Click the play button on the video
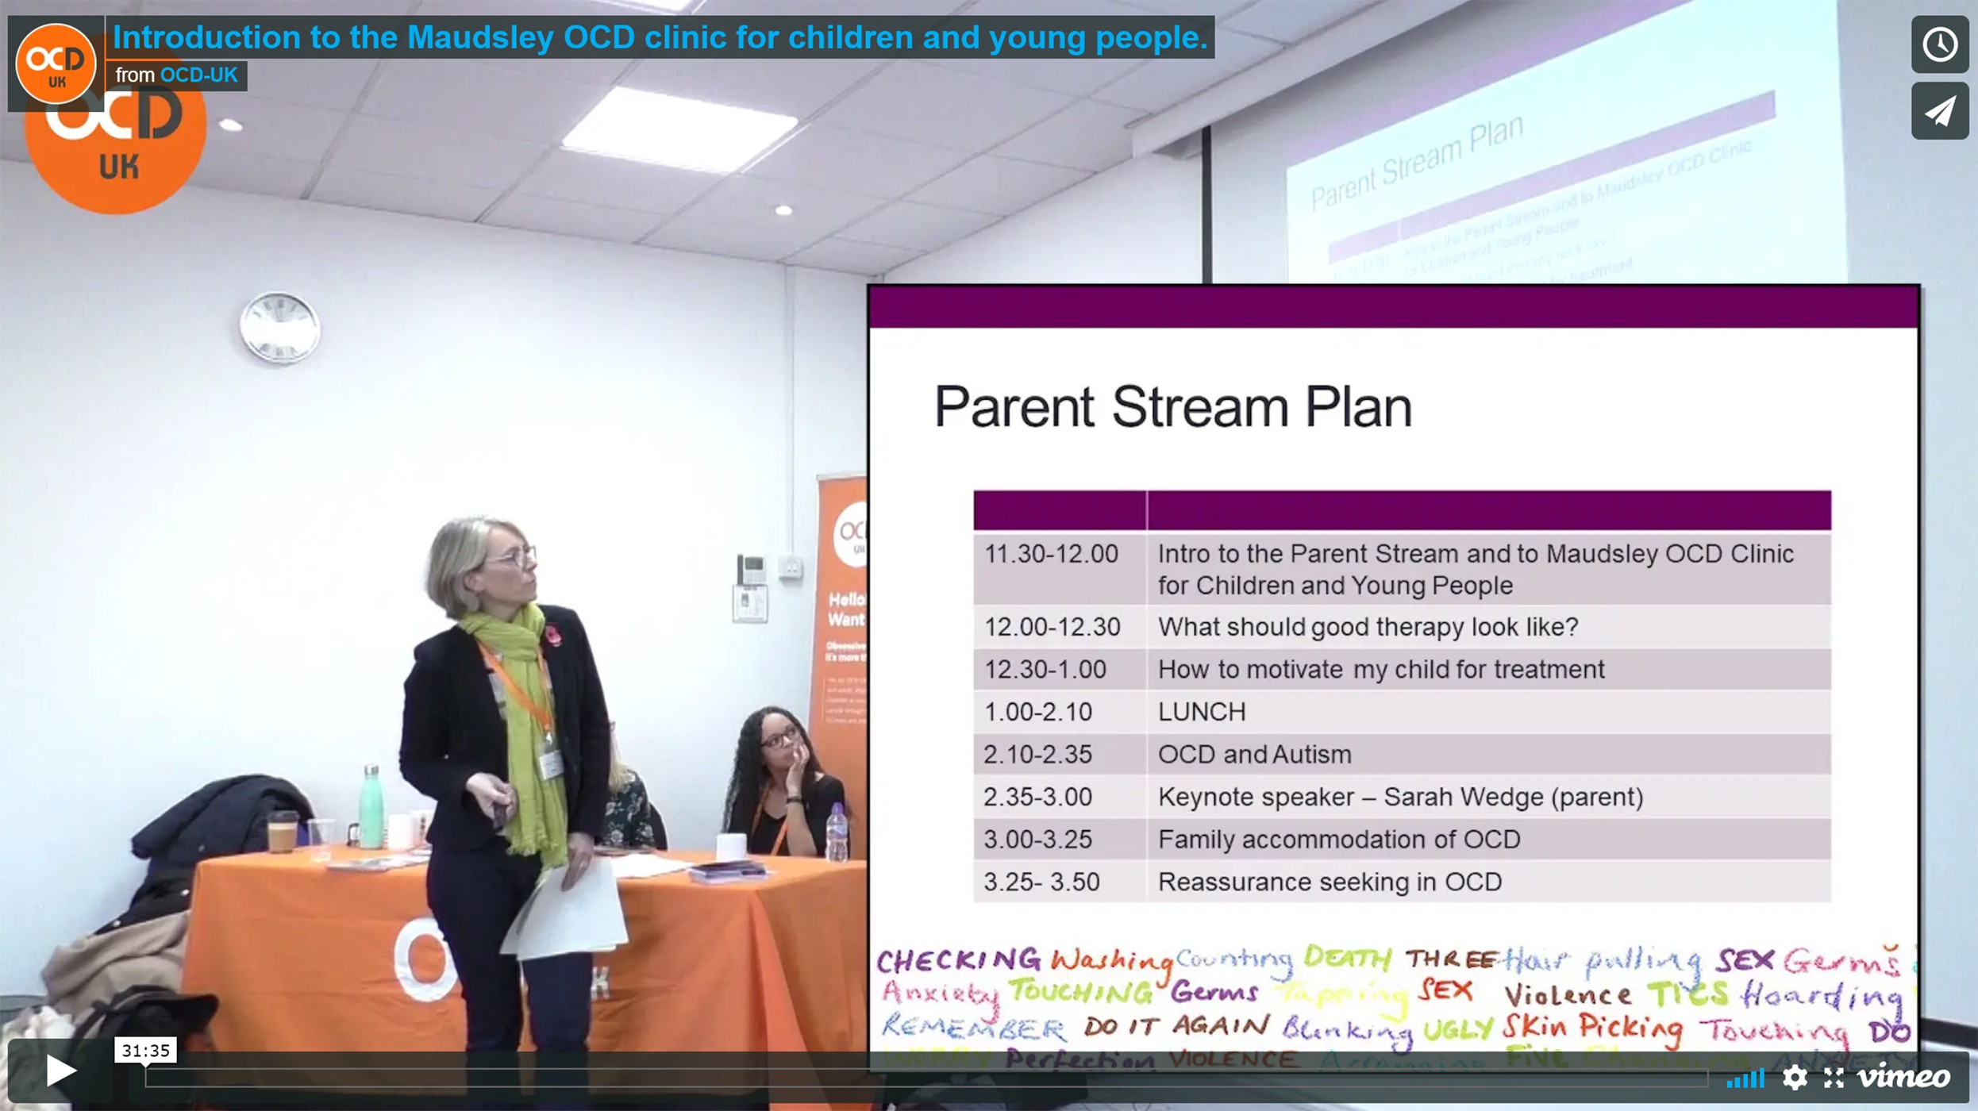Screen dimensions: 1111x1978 pyautogui.click(x=60, y=1071)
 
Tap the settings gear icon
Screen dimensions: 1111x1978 pyautogui.click(x=1794, y=1077)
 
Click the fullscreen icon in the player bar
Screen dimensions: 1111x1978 pyautogui.click(x=1834, y=1077)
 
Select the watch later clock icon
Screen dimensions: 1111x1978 pyautogui.click(x=1939, y=44)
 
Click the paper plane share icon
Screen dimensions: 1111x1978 pyautogui.click(x=1939, y=111)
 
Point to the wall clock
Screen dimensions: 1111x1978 pyautogui.click(x=279, y=327)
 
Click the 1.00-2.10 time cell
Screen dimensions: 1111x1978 pyautogui.click(x=1037, y=712)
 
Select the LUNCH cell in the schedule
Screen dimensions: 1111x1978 pyautogui.click(x=1202, y=712)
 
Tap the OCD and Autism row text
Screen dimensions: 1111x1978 pyautogui.click(x=1254, y=754)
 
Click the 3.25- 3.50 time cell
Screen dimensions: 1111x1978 pyautogui.click(x=1041, y=882)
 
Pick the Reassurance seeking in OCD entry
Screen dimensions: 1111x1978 pyautogui.click(x=1330, y=882)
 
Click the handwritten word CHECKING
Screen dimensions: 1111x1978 pyautogui.click(x=958, y=961)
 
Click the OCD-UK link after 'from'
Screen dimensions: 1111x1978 pyautogui.click(x=198, y=75)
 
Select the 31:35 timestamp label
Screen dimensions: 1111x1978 pyautogui.click(x=145, y=1051)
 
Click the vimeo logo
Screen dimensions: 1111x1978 pyautogui.click(x=1903, y=1077)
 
